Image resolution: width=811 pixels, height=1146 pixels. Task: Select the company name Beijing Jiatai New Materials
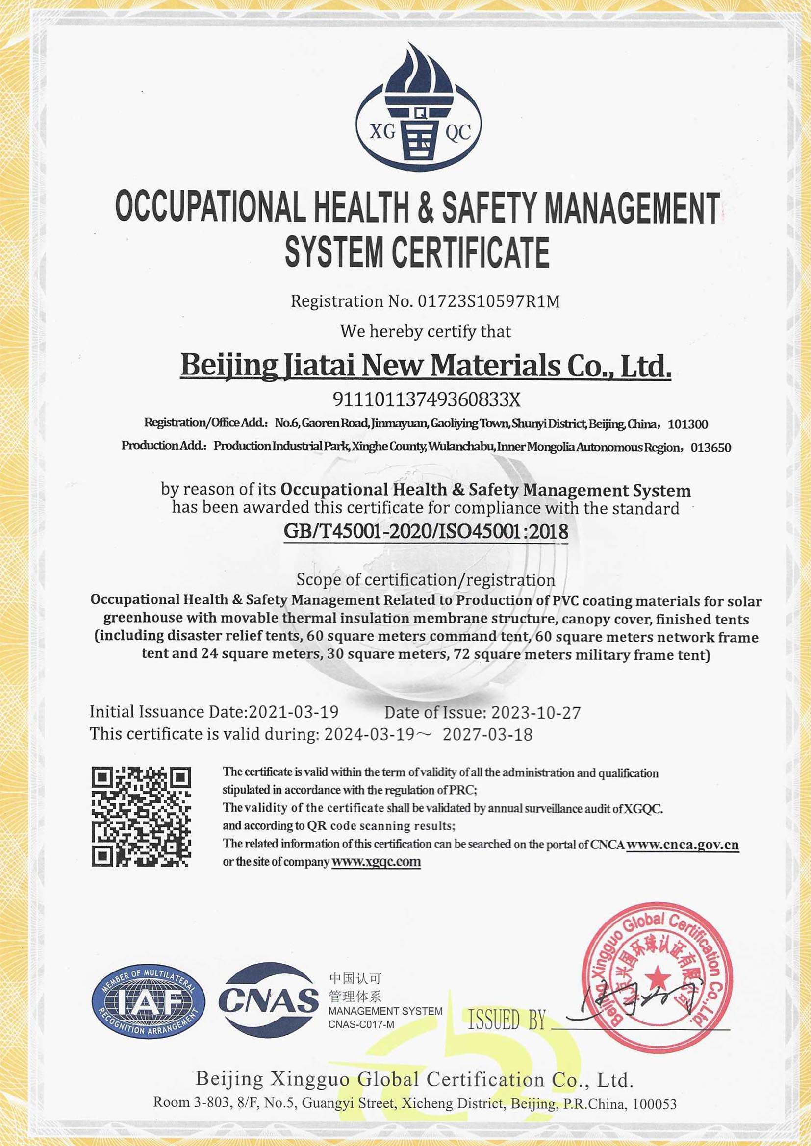[x=425, y=366]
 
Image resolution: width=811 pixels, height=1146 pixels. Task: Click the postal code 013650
[x=710, y=448]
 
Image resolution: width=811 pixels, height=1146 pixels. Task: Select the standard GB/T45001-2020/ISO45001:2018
[x=426, y=531]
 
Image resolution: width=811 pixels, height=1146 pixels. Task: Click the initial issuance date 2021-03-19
[x=294, y=712]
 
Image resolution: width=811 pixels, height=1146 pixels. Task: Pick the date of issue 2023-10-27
[x=536, y=713]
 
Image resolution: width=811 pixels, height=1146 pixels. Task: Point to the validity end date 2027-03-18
[x=487, y=734]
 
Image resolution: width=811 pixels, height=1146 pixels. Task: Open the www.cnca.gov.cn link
[x=682, y=845]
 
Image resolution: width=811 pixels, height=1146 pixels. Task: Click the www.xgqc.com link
[x=376, y=862]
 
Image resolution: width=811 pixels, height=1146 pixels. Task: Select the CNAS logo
[x=269, y=1000]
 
